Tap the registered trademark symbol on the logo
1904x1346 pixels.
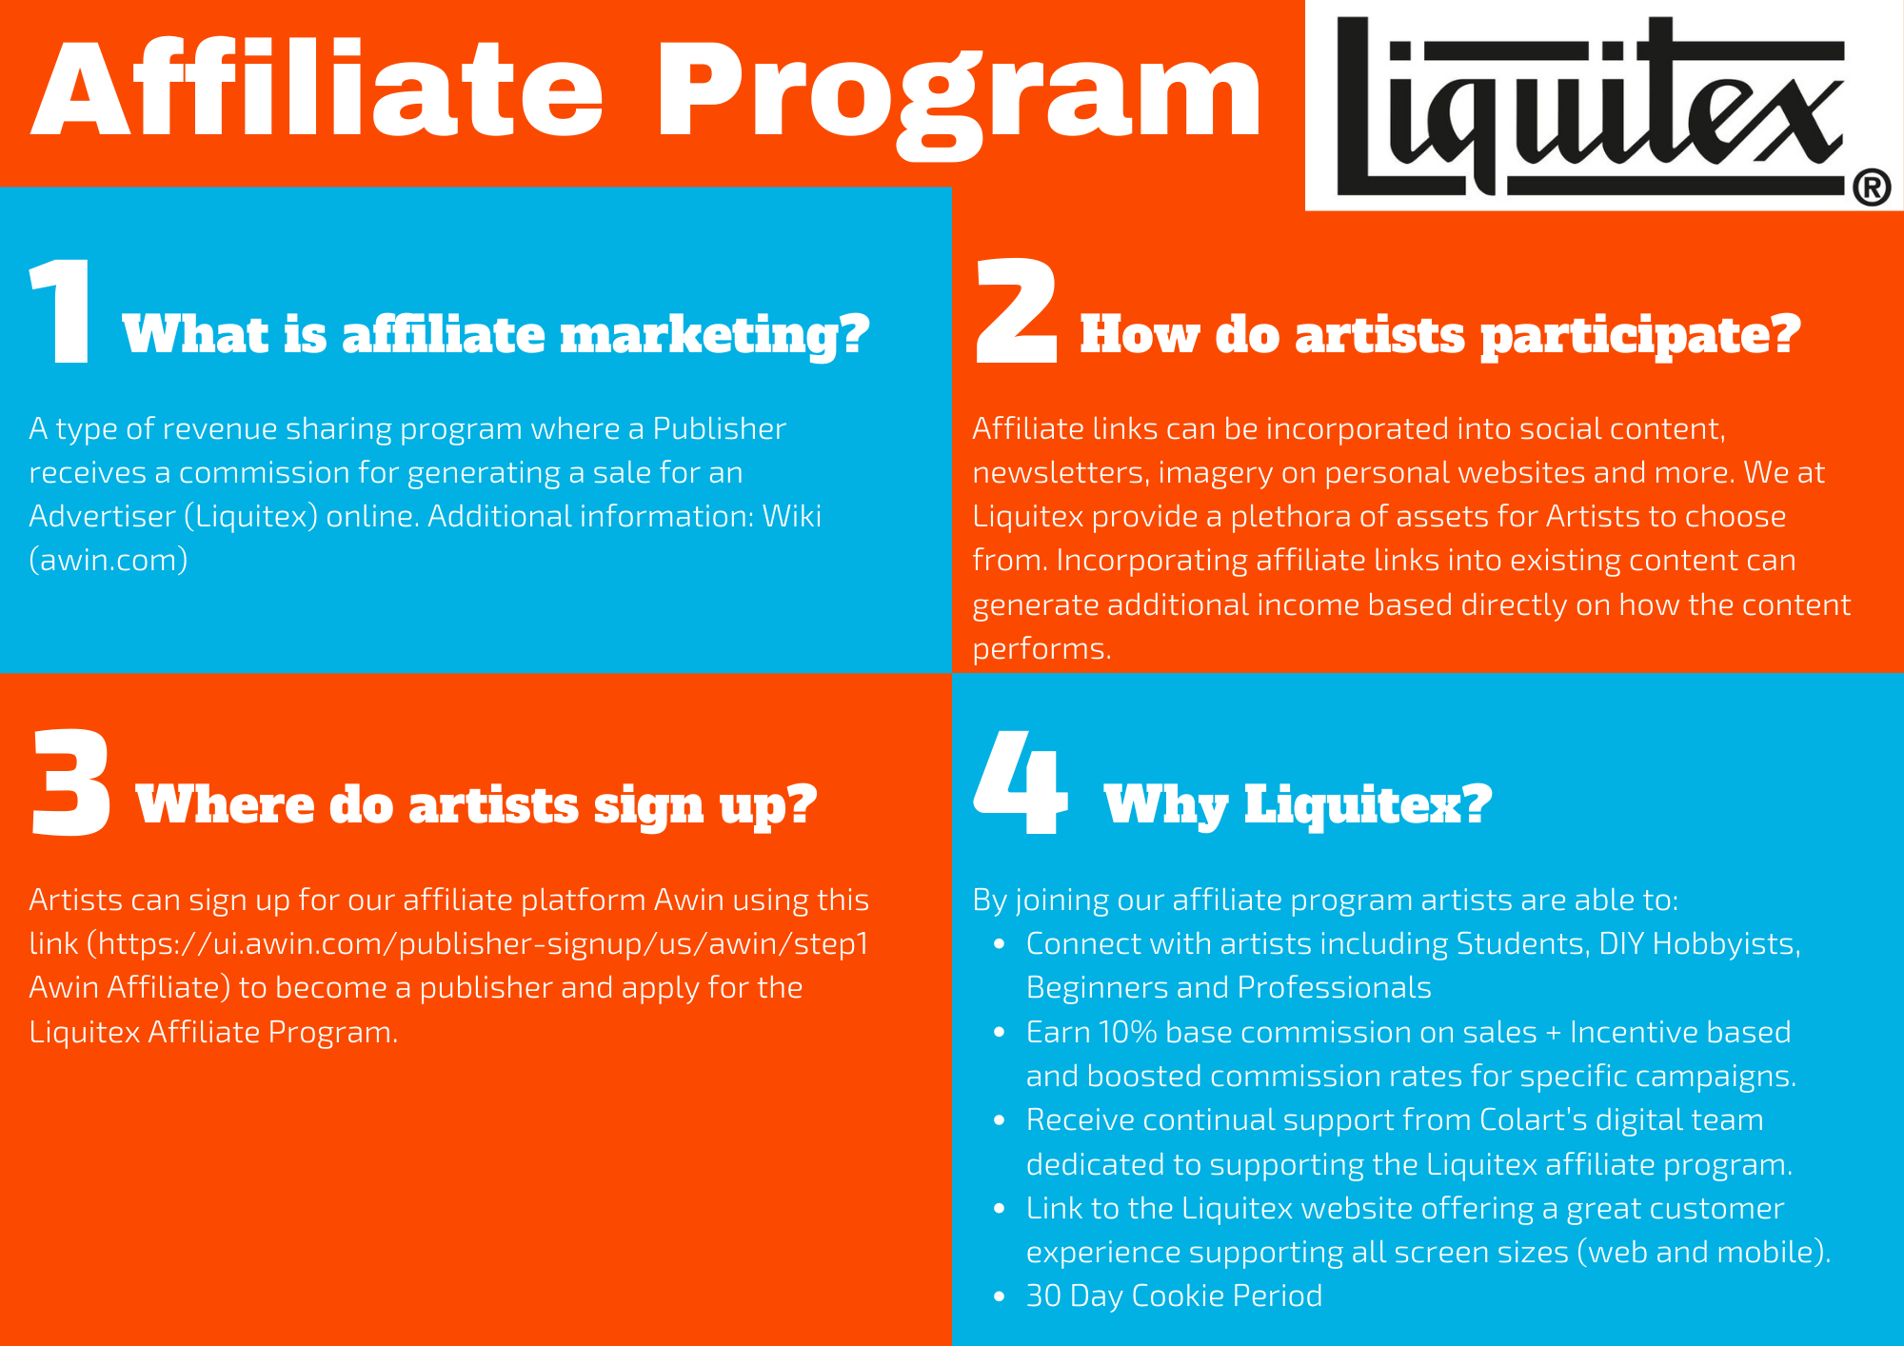[x=1872, y=187]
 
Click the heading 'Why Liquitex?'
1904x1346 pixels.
[x=1298, y=806]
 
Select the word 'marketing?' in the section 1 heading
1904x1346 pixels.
[x=715, y=336]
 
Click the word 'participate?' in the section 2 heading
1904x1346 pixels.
[x=1640, y=336]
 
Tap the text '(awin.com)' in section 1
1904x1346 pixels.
[x=109, y=560]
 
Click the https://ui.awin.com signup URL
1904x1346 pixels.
[x=484, y=943]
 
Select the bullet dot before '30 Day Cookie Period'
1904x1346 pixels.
[x=999, y=1297]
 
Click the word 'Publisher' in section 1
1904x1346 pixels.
[x=719, y=428]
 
